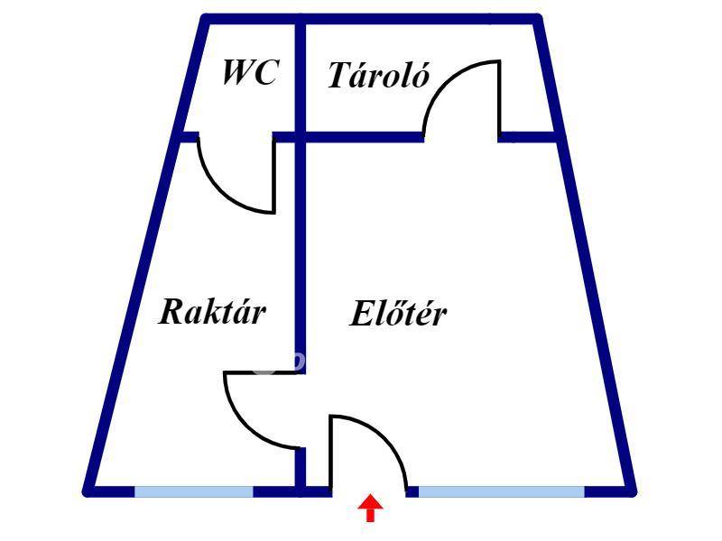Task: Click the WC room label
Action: tap(250, 73)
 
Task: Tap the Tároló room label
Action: tap(377, 77)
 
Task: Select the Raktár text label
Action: tap(213, 312)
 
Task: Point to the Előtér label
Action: tap(398, 315)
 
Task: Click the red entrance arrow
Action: tap(370, 509)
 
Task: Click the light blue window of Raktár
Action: tap(193, 491)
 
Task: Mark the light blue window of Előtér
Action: tap(501, 491)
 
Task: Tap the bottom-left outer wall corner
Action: tap(88, 491)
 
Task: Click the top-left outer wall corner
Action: tap(205, 18)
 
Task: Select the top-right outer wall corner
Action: tap(538, 18)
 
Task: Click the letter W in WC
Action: tap(237, 73)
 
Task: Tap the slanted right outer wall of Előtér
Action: tap(596, 316)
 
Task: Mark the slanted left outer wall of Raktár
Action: tap(131, 316)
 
